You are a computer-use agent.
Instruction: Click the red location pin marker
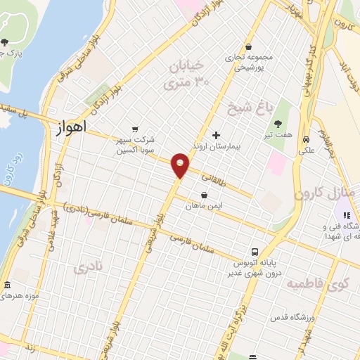pos(180,165)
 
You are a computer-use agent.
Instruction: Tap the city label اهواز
pos(70,127)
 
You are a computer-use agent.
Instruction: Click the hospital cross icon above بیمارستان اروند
pos(216,134)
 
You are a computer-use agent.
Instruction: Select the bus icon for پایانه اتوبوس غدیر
pos(255,251)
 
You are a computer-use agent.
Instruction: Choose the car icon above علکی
pos(307,139)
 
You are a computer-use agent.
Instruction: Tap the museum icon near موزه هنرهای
pos(7,285)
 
